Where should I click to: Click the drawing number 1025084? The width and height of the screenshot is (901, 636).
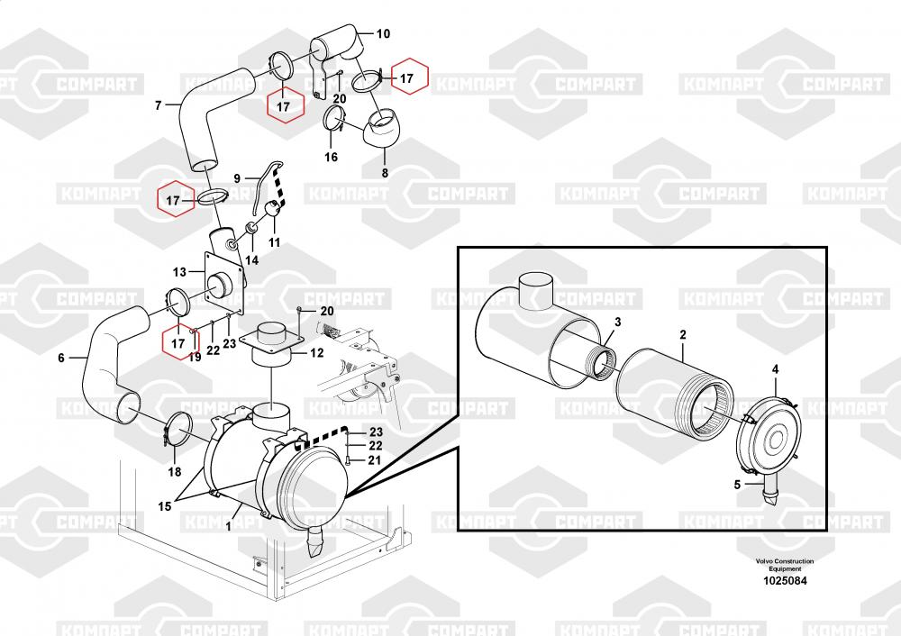click(785, 581)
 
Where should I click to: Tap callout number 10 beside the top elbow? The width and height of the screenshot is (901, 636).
click(383, 34)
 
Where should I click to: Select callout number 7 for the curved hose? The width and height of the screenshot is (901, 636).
click(158, 105)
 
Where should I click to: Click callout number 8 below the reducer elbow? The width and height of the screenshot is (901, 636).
click(385, 172)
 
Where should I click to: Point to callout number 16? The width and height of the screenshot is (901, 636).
click(331, 157)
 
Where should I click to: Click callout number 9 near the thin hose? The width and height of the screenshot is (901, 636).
click(237, 178)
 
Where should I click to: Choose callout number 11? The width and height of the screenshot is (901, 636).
click(274, 242)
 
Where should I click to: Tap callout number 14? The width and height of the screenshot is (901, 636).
click(251, 260)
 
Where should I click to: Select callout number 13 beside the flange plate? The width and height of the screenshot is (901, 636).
click(179, 272)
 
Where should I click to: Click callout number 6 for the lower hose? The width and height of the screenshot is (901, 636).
click(61, 358)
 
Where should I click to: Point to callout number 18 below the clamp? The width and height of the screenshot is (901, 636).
click(174, 472)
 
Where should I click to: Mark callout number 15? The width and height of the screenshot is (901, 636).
click(164, 506)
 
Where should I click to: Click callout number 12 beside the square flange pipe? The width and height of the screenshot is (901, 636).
click(316, 353)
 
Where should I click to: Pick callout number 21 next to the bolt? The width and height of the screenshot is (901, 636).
click(374, 460)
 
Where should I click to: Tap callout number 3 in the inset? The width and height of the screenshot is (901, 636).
click(618, 322)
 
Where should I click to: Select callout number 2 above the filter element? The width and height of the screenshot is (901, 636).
click(683, 334)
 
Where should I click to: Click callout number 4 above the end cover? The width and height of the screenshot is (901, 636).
click(775, 369)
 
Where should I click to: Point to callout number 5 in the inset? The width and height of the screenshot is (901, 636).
click(737, 485)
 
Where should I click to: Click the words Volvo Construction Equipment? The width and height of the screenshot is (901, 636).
click(785, 565)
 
